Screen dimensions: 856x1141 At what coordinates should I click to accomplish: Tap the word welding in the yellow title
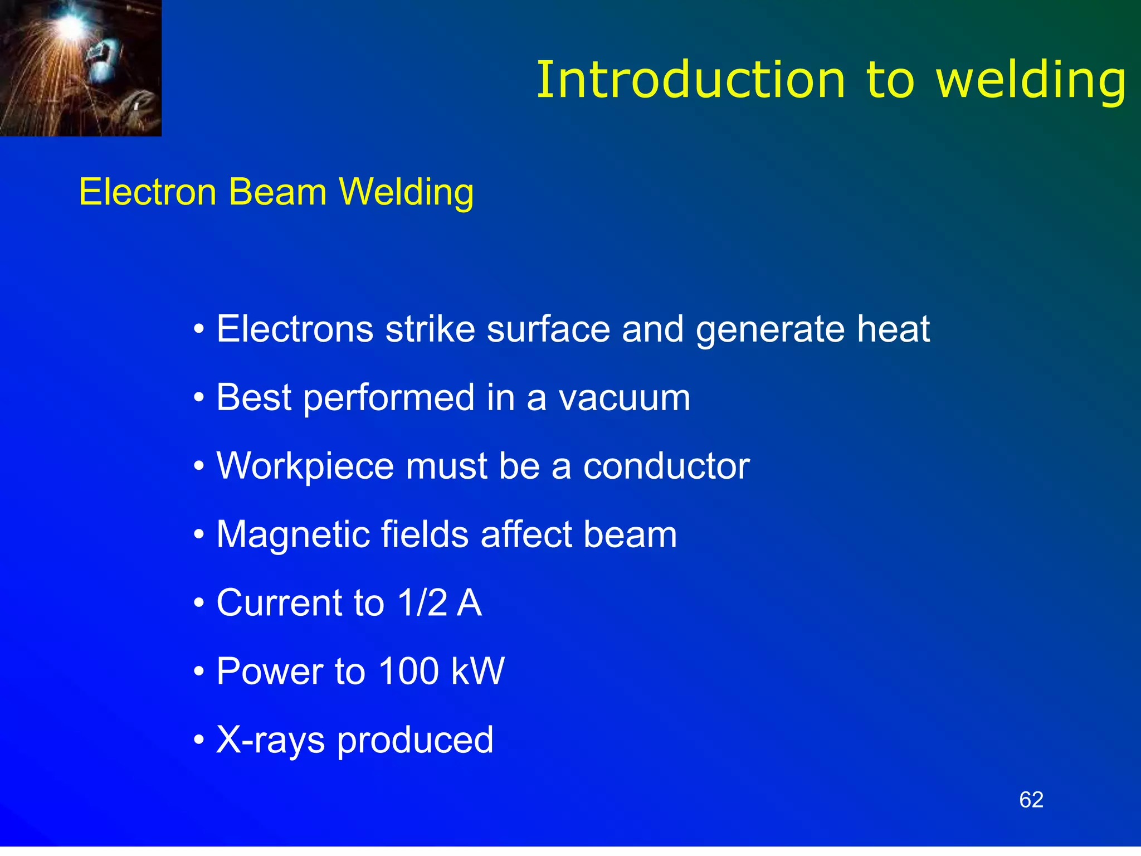click(x=1031, y=80)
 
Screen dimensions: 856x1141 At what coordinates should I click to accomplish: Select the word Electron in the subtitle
click(x=148, y=192)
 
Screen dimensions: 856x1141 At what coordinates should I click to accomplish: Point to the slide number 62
click(x=1031, y=800)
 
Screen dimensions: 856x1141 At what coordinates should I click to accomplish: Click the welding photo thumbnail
click(x=81, y=68)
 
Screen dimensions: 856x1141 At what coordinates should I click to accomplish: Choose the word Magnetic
click(x=292, y=534)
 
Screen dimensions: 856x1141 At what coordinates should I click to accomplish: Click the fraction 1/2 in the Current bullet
click(x=422, y=603)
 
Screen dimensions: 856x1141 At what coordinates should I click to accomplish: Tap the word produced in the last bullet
click(x=415, y=741)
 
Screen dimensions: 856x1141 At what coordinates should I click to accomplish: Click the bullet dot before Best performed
click(x=199, y=399)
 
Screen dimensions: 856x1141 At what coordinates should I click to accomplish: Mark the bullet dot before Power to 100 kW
click(x=199, y=673)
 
